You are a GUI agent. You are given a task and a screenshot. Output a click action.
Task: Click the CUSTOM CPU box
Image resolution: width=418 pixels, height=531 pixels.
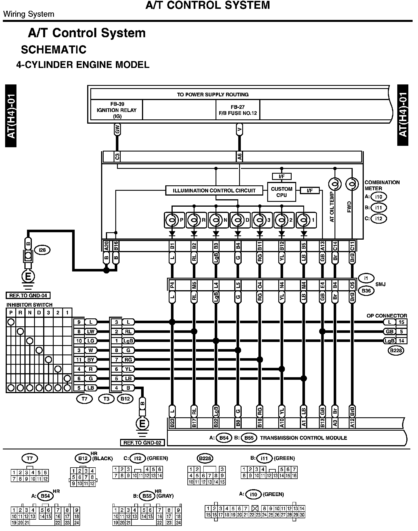point(281,192)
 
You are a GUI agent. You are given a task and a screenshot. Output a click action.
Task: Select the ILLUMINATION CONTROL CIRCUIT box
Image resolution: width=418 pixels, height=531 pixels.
point(214,190)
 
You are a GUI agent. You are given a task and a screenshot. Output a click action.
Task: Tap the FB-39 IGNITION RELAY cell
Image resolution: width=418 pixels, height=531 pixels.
point(116,110)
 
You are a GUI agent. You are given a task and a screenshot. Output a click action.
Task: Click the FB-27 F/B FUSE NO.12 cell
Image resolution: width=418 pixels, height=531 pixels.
point(238,110)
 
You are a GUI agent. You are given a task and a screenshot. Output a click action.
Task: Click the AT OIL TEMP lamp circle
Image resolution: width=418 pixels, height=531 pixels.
point(335,184)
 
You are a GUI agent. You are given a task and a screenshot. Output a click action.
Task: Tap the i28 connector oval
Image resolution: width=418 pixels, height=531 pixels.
point(42,250)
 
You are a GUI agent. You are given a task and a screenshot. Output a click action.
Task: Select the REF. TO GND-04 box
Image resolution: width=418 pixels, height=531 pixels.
point(28,295)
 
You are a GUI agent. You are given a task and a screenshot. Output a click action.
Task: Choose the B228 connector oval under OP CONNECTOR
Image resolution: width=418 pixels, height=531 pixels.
point(396,350)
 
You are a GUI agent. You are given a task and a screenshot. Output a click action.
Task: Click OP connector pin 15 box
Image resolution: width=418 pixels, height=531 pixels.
point(401,322)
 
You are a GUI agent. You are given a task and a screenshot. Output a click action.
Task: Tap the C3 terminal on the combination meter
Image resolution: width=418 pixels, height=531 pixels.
point(117,157)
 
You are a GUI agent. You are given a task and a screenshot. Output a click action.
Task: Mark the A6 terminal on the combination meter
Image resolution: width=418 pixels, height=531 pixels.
point(239,157)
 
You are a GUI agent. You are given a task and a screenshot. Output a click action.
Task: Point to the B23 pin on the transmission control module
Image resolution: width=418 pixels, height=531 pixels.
point(172,423)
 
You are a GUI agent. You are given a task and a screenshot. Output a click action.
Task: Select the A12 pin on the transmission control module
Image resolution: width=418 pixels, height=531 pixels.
point(352,423)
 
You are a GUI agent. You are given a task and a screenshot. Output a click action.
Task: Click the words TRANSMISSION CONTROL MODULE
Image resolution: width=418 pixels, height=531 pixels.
point(303,438)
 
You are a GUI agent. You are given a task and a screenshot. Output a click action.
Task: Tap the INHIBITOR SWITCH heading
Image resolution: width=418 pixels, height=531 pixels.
point(30,305)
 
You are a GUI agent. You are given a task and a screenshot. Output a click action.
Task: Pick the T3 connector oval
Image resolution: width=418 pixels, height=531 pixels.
point(106,399)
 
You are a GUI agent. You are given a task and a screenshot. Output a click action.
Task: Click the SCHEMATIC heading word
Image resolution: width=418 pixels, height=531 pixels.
point(53,50)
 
